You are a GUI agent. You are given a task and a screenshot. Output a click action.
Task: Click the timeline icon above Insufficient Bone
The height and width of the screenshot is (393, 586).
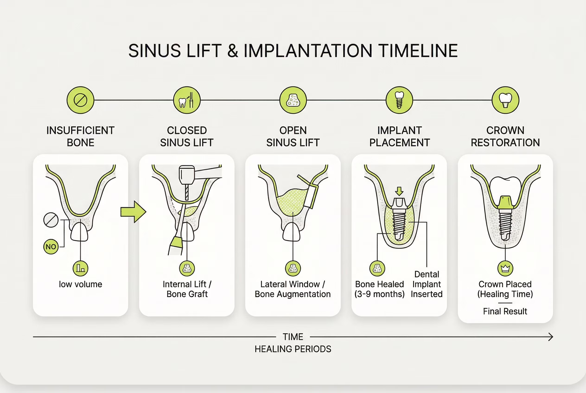pyautogui.click(x=80, y=100)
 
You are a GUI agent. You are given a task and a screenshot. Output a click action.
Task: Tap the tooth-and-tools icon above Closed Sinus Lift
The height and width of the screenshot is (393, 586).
pyautogui.click(x=187, y=100)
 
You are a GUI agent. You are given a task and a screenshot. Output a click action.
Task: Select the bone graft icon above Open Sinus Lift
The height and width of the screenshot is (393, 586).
pyautogui.click(x=293, y=100)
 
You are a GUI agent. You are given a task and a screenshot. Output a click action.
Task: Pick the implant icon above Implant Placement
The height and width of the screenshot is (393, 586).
pyautogui.click(x=399, y=100)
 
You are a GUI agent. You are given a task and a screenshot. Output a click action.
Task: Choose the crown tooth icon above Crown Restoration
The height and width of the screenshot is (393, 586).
pyautogui.click(x=505, y=100)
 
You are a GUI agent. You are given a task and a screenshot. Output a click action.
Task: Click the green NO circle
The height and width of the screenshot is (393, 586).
pyautogui.click(x=51, y=247)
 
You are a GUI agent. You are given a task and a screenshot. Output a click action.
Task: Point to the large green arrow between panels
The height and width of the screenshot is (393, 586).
pyautogui.click(x=133, y=212)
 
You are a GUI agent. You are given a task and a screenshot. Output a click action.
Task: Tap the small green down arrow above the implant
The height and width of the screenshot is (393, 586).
pyautogui.click(x=399, y=191)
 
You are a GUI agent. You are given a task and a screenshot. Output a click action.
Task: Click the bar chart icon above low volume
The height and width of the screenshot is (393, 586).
pyautogui.click(x=80, y=268)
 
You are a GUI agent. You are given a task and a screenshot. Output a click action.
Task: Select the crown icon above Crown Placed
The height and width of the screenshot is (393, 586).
pyautogui.click(x=505, y=268)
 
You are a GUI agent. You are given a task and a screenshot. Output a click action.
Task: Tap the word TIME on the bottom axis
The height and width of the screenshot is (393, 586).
pyautogui.click(x=293, y=337)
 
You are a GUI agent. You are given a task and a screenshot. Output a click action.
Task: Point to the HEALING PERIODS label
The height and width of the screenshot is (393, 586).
pyautogui.click(x=293, y=349)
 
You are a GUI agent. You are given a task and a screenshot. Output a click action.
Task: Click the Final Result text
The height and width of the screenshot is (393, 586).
pyautogui.click(x=505, y=311)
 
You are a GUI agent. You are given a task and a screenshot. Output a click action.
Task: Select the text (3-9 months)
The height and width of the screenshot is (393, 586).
pyautogui.click(x=379, y=294)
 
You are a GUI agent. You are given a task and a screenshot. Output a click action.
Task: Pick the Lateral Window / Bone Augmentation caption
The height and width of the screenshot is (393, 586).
pyautogui.click(x=293, y=289)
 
